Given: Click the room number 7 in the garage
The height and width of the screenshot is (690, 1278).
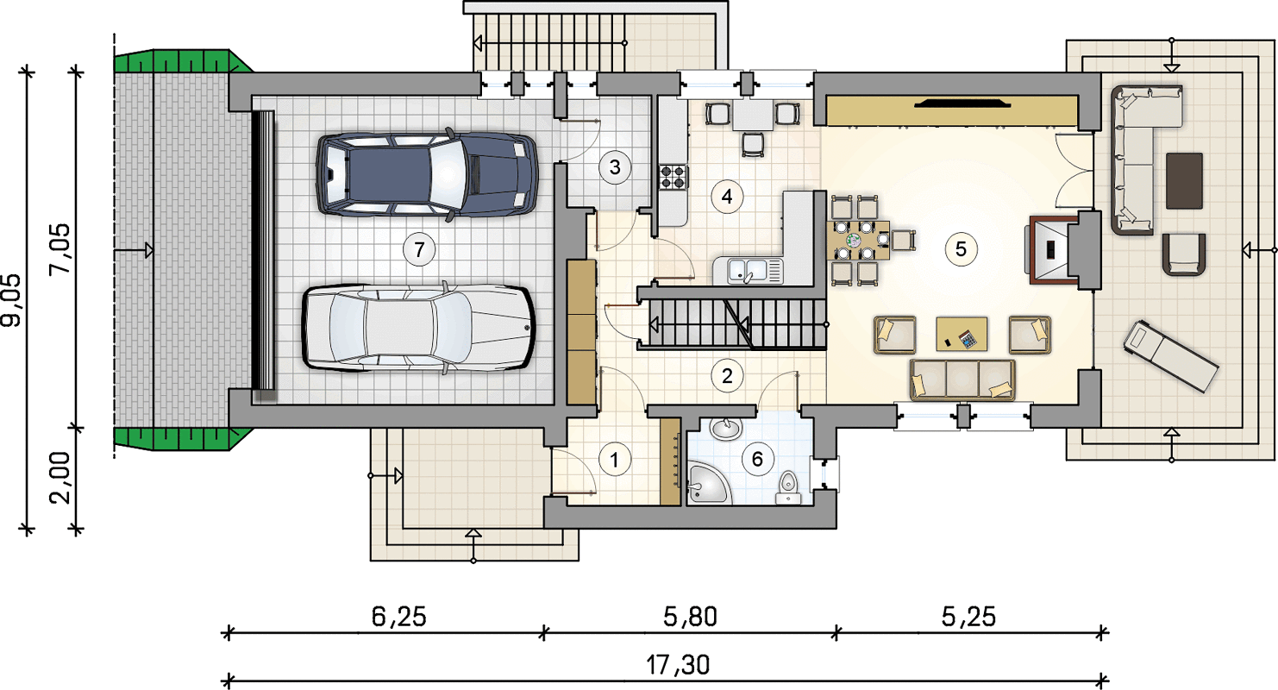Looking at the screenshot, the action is [419, 249].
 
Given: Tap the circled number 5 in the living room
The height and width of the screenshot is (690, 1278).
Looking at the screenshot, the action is [961, 249].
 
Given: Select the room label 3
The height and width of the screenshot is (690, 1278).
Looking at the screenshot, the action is [615, 167].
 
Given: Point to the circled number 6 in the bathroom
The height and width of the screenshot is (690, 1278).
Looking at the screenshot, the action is [757, 459].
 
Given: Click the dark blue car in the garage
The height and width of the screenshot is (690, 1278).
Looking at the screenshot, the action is [427, 173].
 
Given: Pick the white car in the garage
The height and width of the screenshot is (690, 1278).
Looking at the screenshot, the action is [417, 329].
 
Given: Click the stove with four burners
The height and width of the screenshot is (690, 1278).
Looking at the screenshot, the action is [673, 177].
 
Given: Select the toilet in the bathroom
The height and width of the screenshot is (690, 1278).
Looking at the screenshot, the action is [788, 488].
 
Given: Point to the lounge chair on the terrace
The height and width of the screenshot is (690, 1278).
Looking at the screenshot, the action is [1171, 355].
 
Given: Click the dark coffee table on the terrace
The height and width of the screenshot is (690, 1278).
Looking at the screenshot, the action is [1184, 181].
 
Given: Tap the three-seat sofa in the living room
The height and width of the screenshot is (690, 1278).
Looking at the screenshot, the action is [962, 379].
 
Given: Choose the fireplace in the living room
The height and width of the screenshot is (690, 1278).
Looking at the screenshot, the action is [1056, 250].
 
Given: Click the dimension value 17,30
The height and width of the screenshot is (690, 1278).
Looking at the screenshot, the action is [678, 665].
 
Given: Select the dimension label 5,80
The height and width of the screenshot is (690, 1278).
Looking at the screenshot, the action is [690, 617].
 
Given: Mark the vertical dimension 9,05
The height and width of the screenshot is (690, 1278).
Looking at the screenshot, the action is [11, 300].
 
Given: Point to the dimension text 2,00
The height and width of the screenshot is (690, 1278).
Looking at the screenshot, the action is [60, 479].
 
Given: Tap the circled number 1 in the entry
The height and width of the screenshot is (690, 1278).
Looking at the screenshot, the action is [614, 460].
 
